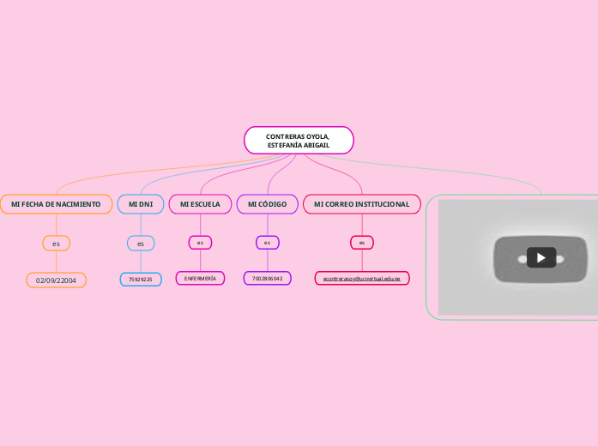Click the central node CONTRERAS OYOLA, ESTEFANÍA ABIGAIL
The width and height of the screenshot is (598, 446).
pyautogui.click(x=299, y=141)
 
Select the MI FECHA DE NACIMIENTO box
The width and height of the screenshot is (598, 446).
pyautogui.click(x=56, y=204)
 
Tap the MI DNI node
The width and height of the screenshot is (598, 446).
pyautogui.click(x=140, y=204)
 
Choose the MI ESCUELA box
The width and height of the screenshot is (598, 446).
pyautogui.click(x=200, y=204)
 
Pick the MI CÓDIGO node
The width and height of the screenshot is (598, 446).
pyautogui.click(x=267, y=204)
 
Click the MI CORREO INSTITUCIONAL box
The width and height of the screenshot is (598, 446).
pyautogui.click(x=361, y=204)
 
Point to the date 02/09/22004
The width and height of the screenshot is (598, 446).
pyautogui.click(x=56, y=280)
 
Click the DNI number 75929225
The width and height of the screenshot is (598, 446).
pyautogui.click(x=140, y=279)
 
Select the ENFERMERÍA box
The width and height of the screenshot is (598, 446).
pyautogui.click(x=200, y=279)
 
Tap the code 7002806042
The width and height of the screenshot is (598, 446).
pyautogui.click(x=267, y=279)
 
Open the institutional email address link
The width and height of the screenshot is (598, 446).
pyautogui.click(x=361, y=279)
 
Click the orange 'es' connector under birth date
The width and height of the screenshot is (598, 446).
pyautogui.click(x=56, y=244)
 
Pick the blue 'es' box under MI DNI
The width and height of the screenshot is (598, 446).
pyautogui.click(x=140, y=244)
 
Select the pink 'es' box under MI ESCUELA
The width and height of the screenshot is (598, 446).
pyautogui.click(x=200, y=243)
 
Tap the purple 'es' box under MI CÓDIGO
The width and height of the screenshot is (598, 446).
pyautogui.click(x=267, y=243)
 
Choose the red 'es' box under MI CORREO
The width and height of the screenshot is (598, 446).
pyautogui.click(x=361, y=243)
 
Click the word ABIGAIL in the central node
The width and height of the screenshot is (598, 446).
pyautogui.click(x=315, y=146)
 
